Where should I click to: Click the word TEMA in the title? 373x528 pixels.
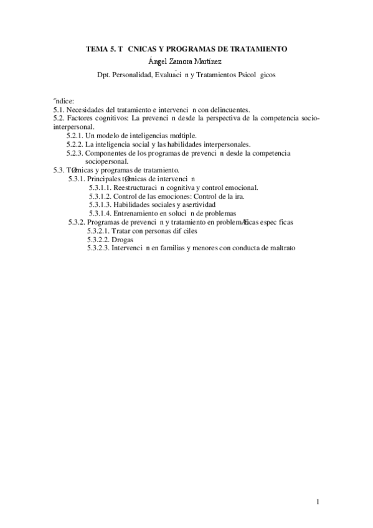(x=96, y=49)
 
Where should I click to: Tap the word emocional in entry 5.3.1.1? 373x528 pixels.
(x=240, y=187)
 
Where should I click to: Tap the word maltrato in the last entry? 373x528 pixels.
(x=280, y=248)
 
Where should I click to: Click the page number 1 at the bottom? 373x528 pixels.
(x=318, y=502)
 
